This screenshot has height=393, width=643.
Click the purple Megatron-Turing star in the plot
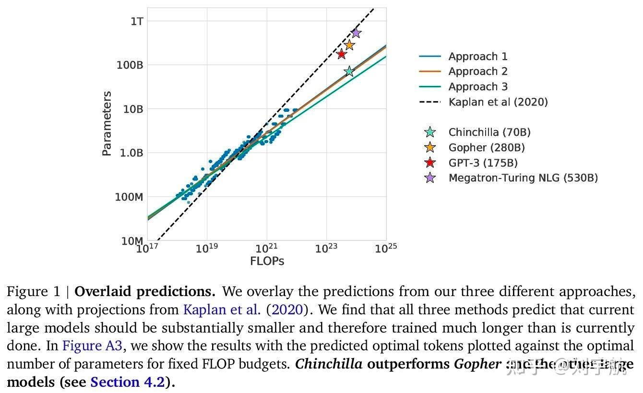pos(356,33)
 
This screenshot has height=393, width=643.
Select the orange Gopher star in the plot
pos(349,45)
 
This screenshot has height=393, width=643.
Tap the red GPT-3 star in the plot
pos(342,54)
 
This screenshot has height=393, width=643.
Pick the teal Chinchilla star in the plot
pos(349,71)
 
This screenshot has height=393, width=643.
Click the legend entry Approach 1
pos(477,57)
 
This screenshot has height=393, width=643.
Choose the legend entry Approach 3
pos(477,87)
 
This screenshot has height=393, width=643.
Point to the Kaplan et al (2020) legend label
pos(498,102)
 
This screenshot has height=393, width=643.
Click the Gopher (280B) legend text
pos(486,148)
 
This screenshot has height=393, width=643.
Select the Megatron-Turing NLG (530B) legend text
pos(523,178)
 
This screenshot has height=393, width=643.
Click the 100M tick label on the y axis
pos(129,197)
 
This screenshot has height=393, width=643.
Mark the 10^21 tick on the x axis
pos(266,249)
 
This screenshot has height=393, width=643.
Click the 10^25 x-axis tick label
pos(386,249)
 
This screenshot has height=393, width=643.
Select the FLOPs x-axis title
pos(267,262)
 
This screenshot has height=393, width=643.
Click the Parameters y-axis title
pos(107,123)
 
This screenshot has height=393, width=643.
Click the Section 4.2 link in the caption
pos(127,382)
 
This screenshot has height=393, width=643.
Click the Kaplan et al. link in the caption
pos(222,310)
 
